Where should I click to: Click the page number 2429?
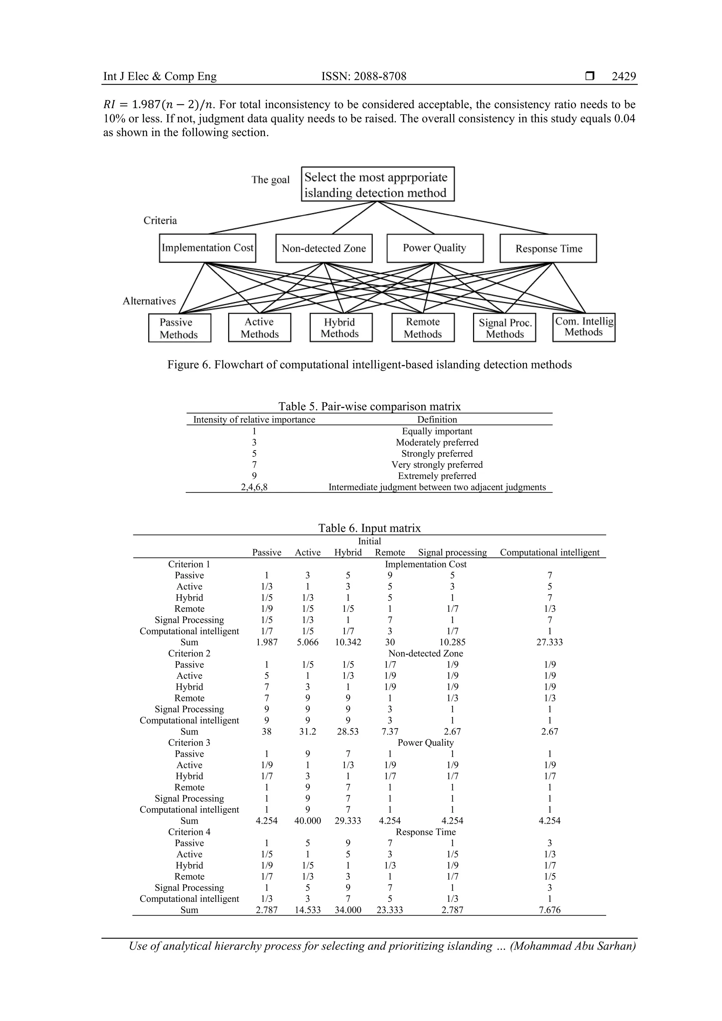(623, 76)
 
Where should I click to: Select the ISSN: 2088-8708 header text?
(363, 76)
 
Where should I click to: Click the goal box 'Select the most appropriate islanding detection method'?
(378, 184)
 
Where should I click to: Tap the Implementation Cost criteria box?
(207, 248)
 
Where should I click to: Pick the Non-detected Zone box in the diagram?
(324, 248)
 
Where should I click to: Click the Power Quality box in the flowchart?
(435, 248)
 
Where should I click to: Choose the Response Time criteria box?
(548, 248)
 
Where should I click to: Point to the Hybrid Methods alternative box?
(341, 328)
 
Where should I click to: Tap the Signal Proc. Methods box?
(504, 328)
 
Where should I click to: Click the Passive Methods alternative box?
(179, 328)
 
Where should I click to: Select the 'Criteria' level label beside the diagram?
(160, 221)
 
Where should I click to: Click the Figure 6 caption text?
(369, 365)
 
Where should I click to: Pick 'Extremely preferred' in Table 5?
(437, 476)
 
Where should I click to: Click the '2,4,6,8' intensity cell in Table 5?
(254, 487)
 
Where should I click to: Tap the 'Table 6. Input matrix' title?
(369, 528)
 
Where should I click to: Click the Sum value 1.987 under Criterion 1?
(267, 642)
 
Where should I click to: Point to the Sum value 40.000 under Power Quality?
(307, 820)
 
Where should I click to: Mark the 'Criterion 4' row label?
(189, 831)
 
